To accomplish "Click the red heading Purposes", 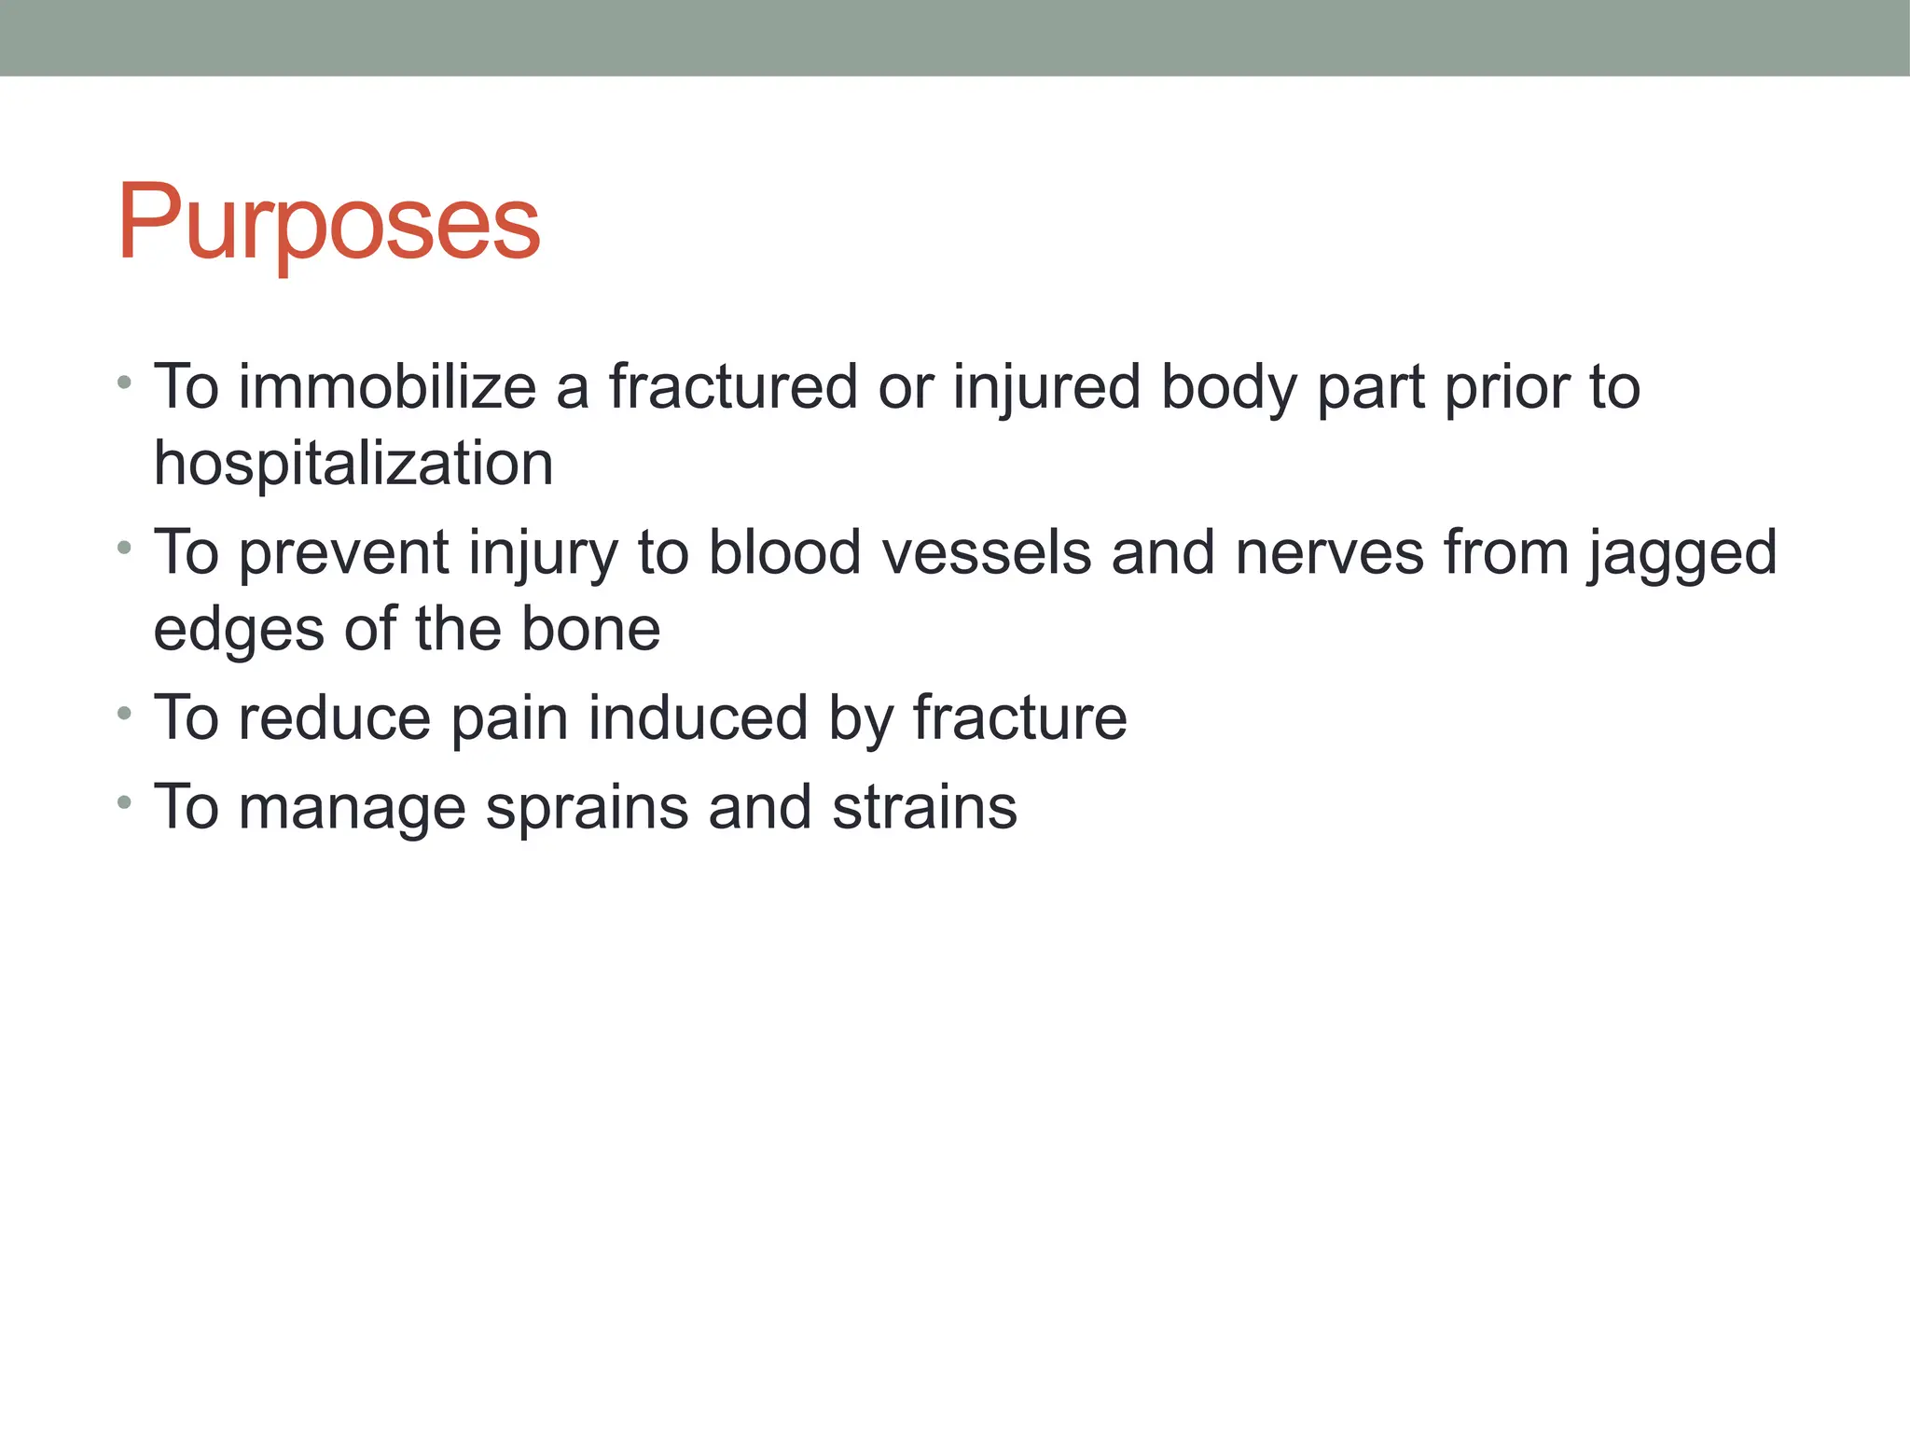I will (x=328, y=224).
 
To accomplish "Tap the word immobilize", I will (x=387, y=387).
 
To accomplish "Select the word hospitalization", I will (x=353, y=464).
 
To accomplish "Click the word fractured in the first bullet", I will (x=733, y=387).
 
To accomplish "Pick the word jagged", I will (x=1683, y=554).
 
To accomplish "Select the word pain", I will (x=509, y=719).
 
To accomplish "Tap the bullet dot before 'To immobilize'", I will (x=124, y=383).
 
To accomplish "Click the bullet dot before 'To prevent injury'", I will (x=124, y=549).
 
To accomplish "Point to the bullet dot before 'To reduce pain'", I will (x=124, y=714).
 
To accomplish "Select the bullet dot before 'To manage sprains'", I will (x=124, y=803).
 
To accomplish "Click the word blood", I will (x=784, y=552).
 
